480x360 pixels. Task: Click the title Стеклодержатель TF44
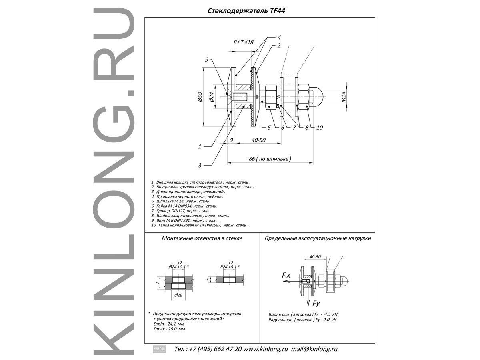point(246,12)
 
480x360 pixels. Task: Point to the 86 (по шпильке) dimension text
point(270,159)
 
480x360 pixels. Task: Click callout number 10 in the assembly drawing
point(319,128)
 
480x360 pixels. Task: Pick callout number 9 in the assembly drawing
point(207,60)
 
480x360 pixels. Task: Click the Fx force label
point(286,276)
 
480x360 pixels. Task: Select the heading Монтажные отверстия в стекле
point(202,238)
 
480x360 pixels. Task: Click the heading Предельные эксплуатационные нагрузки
point(318,238)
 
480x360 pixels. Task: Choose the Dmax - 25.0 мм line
point(169,328)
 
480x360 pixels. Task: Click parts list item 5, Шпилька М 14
point(180,201)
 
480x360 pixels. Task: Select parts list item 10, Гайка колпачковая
point(199,225)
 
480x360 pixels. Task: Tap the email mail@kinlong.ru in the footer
point(314,349)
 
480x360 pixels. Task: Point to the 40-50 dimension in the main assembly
point(259,140)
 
